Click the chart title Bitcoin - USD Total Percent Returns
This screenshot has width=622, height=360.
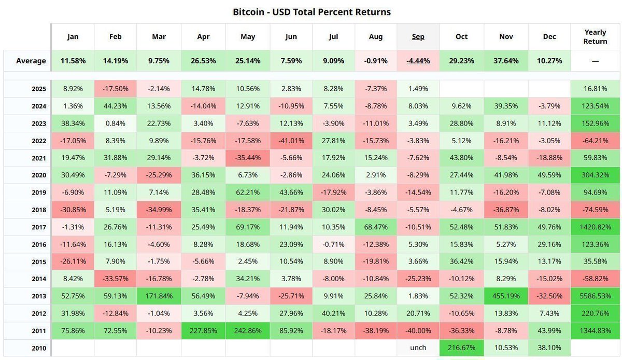(x=312, y=11)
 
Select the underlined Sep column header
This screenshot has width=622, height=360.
(x=418, y=36)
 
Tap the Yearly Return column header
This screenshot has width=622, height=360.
(x=595, y=36)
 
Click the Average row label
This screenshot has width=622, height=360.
(x=31, y=61)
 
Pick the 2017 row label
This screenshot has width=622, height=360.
(x=38, y=227)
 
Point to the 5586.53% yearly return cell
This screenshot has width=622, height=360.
(x=595, y=296)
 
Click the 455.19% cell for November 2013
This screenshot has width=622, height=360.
(x=506, y=296)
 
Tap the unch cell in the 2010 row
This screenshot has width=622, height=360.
(x=418, y=348)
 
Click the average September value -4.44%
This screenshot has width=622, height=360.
(x=418, y=61)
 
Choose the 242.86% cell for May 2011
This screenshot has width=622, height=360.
(x=247, y=330)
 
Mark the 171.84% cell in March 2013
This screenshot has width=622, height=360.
(x=159, y=296)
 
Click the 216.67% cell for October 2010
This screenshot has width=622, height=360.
(x=461, y=348)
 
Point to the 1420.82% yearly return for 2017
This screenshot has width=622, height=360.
(x=595, y=227)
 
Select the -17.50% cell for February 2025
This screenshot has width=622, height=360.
(x=116, y=89)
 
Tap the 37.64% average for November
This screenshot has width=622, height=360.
(x=506, y=61)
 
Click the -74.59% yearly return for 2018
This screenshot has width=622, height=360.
(x=595, y=210)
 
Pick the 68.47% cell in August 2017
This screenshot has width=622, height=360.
(x=376, y=227)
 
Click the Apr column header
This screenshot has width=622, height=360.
(x=204, y=36)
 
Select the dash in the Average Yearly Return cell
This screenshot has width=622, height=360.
(x=595, y=61)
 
